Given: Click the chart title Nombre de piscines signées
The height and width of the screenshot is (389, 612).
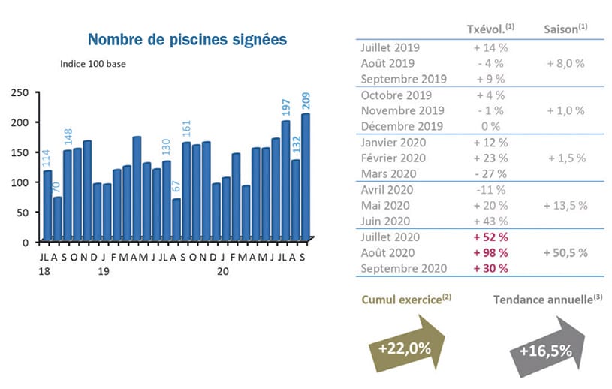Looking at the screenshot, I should point(187,39).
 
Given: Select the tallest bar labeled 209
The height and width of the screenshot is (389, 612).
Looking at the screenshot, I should point(306,176).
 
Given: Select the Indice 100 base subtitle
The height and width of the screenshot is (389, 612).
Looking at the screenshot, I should point(93,64).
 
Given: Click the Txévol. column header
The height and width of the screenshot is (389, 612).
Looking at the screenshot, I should point(490,29).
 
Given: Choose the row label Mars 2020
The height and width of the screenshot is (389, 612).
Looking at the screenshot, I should point(388,173).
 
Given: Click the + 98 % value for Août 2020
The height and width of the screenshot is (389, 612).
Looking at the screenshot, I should point(490,252).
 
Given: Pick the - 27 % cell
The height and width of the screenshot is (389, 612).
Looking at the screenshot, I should point(490,173).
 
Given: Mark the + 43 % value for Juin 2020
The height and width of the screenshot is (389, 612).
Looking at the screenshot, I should point(490,221).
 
